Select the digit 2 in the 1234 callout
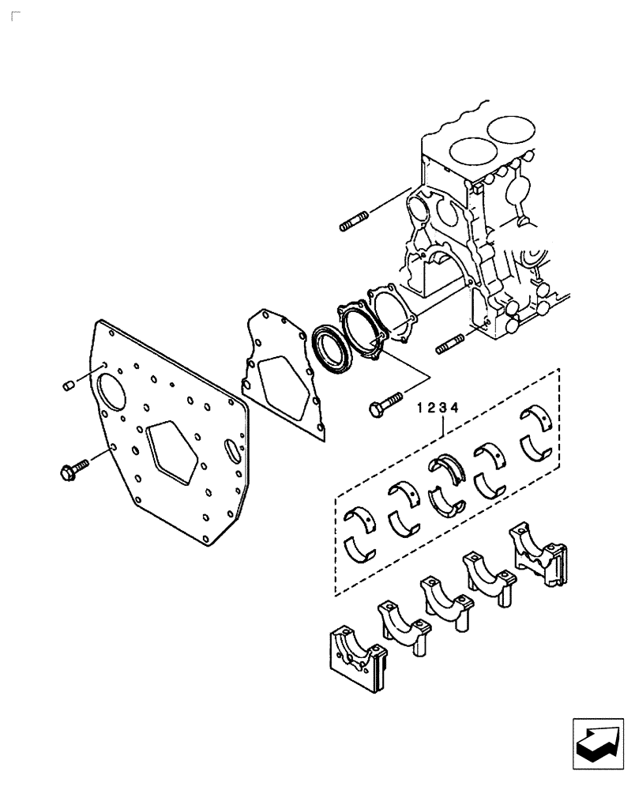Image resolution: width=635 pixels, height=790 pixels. (433, 409)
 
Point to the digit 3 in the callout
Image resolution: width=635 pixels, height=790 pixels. (444, 409)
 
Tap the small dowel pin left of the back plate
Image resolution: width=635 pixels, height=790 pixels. (68, 386)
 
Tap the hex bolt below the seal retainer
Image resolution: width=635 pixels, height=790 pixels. (385, 404)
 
